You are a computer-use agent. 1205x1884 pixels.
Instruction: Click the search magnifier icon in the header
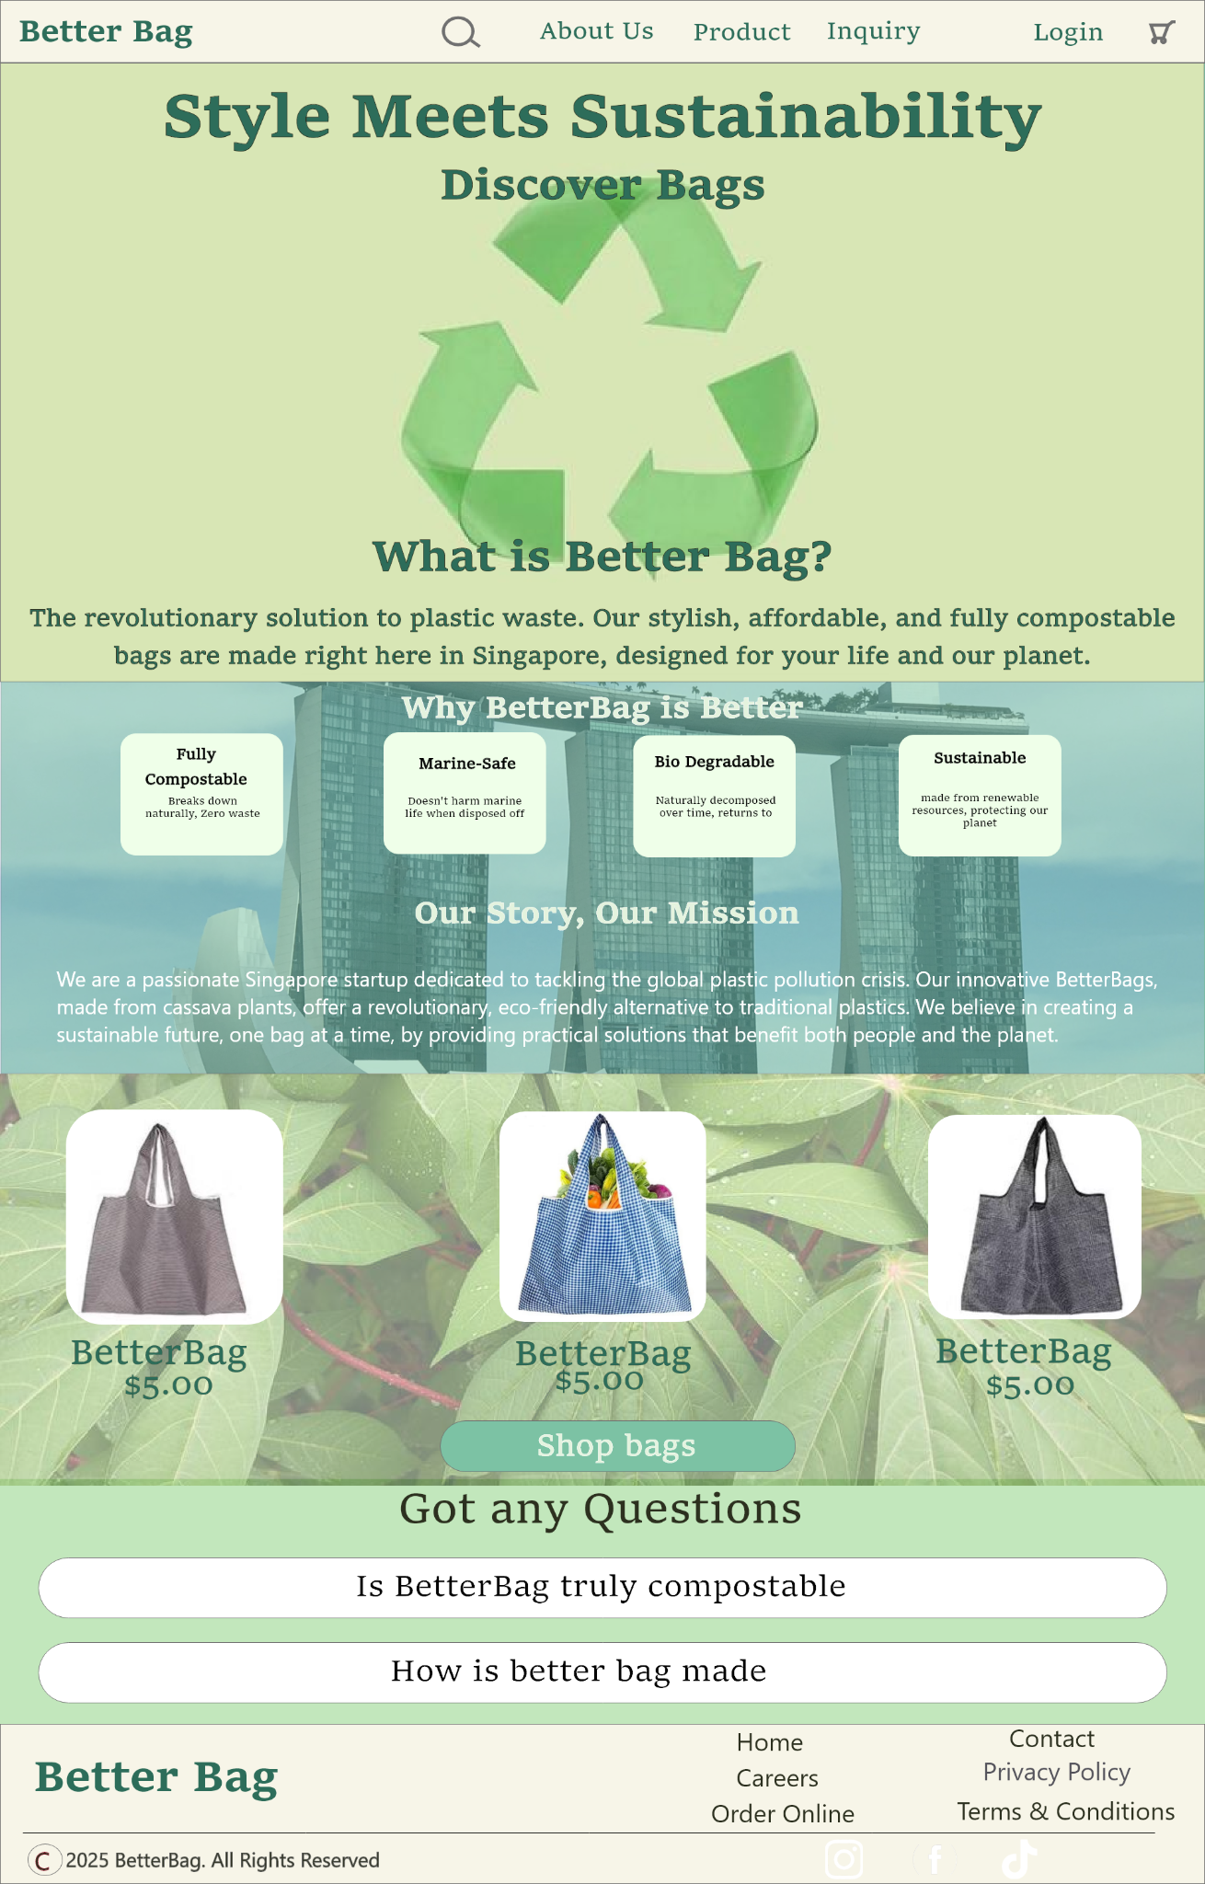pos(461,32)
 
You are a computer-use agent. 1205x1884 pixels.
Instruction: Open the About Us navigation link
pos(596,31)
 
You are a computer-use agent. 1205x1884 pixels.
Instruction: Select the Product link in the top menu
pos(741,32)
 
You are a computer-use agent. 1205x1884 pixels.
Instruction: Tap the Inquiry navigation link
pos(873,32)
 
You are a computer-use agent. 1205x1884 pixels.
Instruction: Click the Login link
pos(1068,33)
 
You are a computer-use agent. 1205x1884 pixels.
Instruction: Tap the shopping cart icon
pos(1162,32)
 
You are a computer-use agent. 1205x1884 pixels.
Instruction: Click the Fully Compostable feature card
pos(201,794)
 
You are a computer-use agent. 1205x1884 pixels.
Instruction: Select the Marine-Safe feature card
pos(465,793)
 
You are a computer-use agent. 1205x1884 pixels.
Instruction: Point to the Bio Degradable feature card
pos(714,796)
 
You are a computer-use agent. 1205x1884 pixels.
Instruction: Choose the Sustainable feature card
pos(980,795)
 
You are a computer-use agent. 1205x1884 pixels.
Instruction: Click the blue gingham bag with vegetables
pos(602,1216)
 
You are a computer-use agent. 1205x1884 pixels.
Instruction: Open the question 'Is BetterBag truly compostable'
pos(602,1588)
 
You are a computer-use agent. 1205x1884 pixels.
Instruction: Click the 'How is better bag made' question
pos(602,1672)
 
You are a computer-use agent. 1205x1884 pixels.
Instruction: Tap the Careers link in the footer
pos(777,1778)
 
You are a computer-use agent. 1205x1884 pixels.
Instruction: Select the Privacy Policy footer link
pos(1056,1773)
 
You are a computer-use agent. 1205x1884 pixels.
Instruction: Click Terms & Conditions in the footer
pos(1065,1811)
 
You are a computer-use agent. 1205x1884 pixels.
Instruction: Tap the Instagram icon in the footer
pos(843,1859)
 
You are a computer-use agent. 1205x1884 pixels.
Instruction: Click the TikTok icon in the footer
pos(1018,1859)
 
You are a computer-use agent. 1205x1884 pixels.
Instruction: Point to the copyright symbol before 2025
pos(44,1860)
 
